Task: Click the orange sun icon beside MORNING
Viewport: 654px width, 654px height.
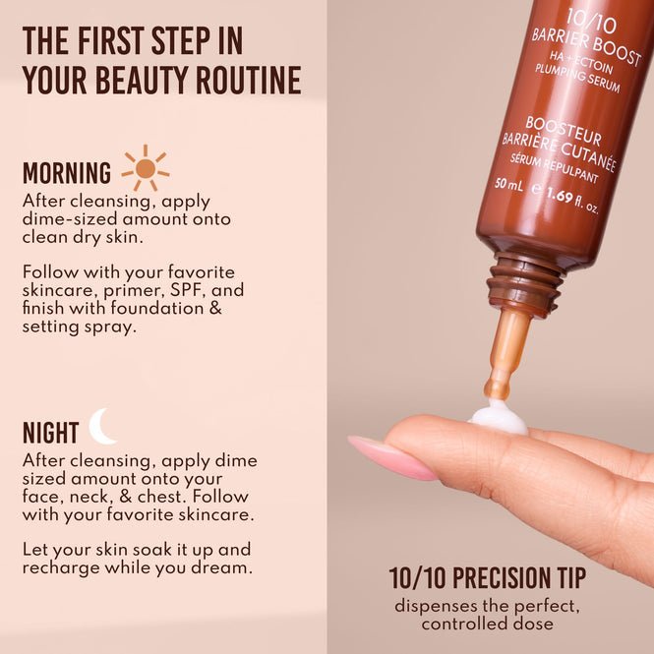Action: point(146,168)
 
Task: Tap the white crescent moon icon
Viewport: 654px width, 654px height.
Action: point(101,427)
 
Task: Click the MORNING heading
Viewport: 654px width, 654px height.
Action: point(67,174)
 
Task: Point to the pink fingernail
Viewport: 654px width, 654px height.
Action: point(392,457)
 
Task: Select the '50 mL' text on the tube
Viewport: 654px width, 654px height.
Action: point(508,183)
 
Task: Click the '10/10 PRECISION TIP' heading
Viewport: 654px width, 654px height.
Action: point(487,577)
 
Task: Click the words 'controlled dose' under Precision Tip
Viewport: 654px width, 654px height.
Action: point(487,624)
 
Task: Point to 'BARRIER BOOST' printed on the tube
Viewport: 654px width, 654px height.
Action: point(587,46)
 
